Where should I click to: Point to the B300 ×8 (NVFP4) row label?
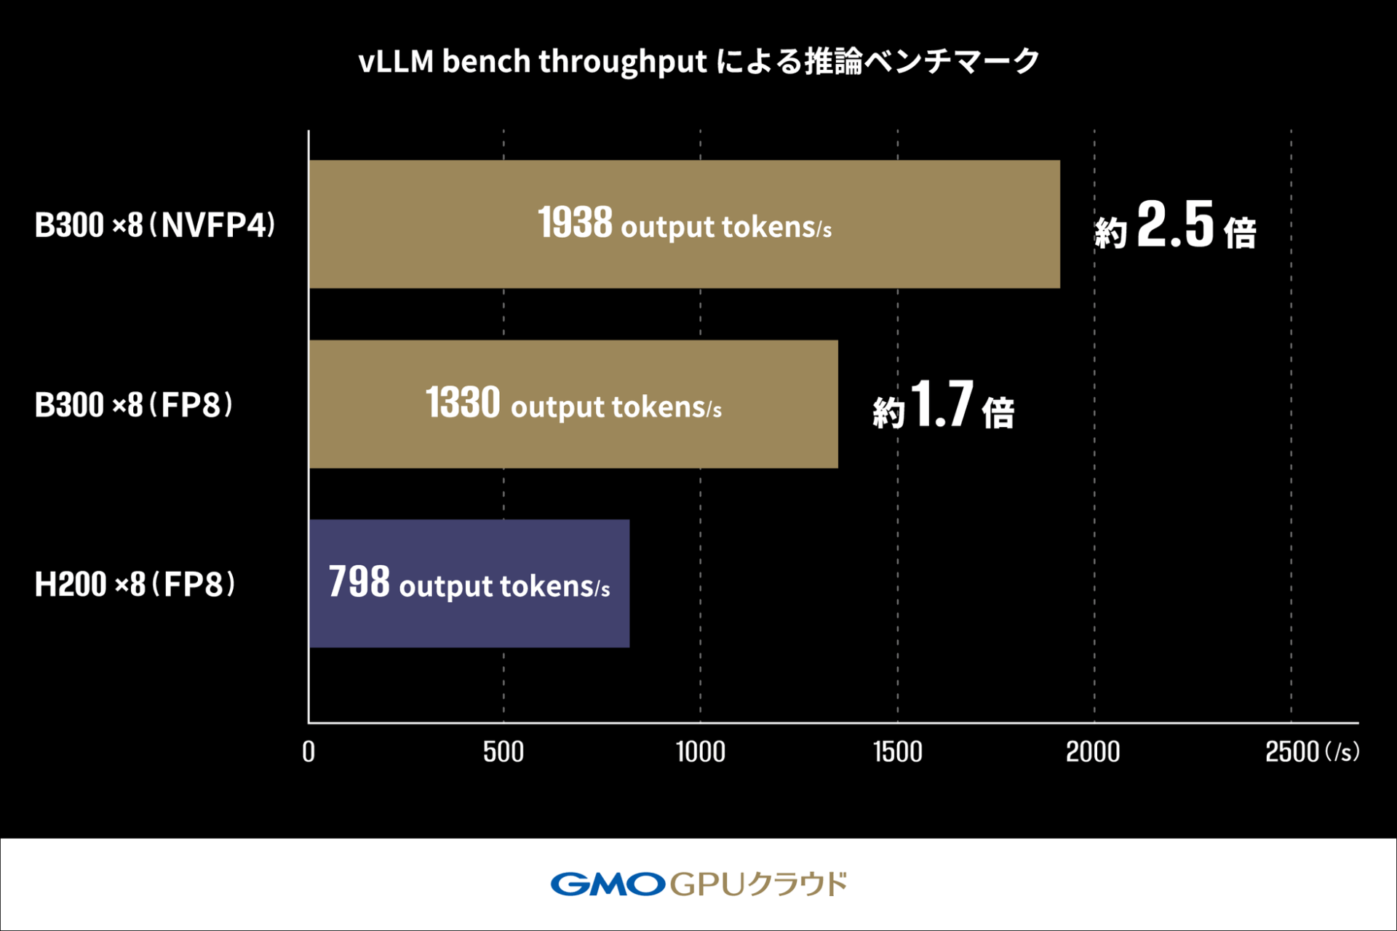pyautogui.click(x=155, y=225)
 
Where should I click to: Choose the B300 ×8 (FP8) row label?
pyautogui.click(x=134, y=404)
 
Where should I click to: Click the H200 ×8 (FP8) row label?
pyautogui.click(x=135, y=584)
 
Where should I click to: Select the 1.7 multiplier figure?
pyautogui.click(x=942, y=404)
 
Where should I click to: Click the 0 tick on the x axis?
pyautogui.click(x=309, y=752)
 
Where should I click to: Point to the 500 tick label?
pyautogui.click(x=504, y=752)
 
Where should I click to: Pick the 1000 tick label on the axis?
pyautogui.click(x=700, y=752)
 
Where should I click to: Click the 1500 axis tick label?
pyautogui.click(x=897, y=752)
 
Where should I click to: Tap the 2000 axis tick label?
pyautogui.click(x=1093, y=752)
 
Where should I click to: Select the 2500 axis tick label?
pyautogui.click(x=1291, y=752)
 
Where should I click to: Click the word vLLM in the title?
pyautogui.click(x=396, y=62)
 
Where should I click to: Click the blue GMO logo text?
pyautogui.click(x=608, y=884)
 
